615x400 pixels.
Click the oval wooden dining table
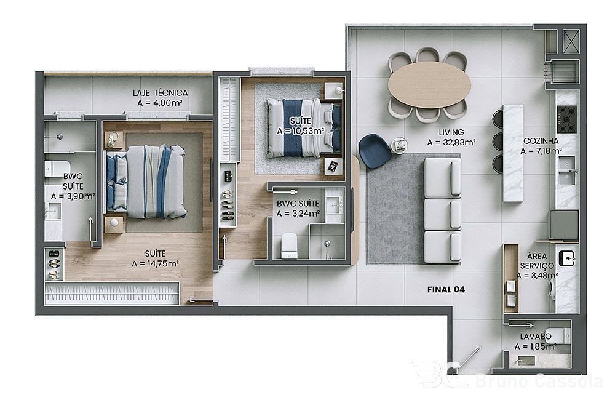point(429,85)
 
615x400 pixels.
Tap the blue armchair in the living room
point(374,151)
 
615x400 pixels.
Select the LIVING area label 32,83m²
point(451,143)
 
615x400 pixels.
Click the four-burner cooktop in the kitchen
point(566,119)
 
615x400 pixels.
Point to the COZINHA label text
point(541,141)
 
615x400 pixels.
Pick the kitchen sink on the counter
point(567,170)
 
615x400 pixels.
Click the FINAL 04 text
point(446,290)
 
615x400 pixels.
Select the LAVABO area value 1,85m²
point(536,346)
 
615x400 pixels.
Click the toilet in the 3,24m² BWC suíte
point(290,245)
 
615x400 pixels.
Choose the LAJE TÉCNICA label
point(160,93)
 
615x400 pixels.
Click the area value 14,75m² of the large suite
point(156,264)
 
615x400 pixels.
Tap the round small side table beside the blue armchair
point(399,145)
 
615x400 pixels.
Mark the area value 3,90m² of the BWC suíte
point(73,196)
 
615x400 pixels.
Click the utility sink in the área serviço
point(566,258)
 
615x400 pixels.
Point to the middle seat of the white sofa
point(443,214)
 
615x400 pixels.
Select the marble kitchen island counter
point(513,153)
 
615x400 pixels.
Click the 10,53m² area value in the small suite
point(301,130)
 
